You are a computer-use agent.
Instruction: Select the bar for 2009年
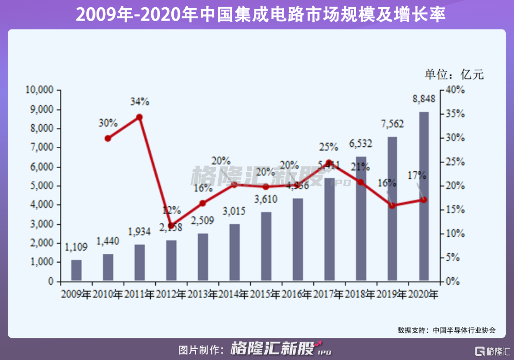pos(76,271)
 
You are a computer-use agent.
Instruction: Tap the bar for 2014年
pos(234,253)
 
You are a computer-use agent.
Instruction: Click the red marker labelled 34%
pos(139,117)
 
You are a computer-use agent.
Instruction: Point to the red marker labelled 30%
pos(108,138)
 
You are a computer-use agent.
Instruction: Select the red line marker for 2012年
pos(171,226)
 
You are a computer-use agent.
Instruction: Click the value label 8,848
pos(424,99)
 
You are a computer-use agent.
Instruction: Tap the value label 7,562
pos(392,124)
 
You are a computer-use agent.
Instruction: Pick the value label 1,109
pos(76,247)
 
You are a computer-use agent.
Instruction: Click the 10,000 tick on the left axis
pos(39,90)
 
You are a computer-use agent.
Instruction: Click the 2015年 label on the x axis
pos(265,295)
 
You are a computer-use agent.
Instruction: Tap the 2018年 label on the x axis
pos(360,295)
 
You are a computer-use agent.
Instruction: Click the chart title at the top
pos(256,14)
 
